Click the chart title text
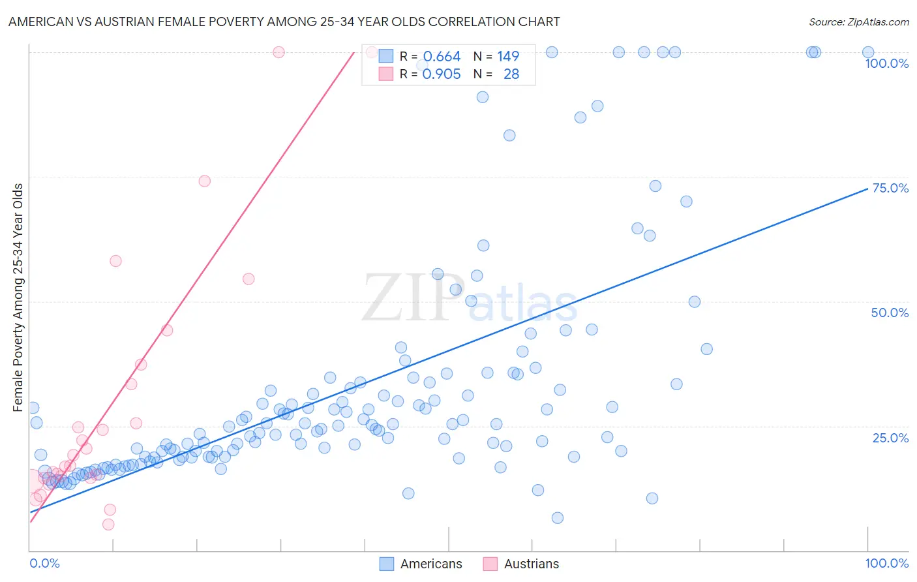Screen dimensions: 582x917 pyautogui.click(x=284, y=22)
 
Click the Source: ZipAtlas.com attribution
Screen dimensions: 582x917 pyautogui.click(x=858, y=22)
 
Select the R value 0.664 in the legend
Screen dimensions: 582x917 pyautogui.click(x=442, y=57)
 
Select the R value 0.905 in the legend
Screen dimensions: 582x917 pyautogui.click(x=442, y=74)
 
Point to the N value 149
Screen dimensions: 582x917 pyautogui.click(x=507, y=57)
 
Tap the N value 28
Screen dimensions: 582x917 pyautogui.click(x=511, y=74)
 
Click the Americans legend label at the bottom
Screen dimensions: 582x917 pyautogui.click(x=430, y=564)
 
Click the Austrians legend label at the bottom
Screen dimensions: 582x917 pyautogui.click(x=531, y=564)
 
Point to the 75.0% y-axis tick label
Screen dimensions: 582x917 pyautogui.click(x=890, y=188)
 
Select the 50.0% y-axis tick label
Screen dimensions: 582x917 pyautogui.click(x=890, y=313)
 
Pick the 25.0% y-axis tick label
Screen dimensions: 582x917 pyautogui.click(x=890, y=438)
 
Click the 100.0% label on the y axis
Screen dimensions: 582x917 pyautogui.click(x=886, y=63)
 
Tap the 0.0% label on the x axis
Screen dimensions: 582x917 pyautogui.click(x=44, y=563)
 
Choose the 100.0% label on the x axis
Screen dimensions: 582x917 pyautogui.click(x=886, y=563)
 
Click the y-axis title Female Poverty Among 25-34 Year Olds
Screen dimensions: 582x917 pyautogui.click(x=18, y=298)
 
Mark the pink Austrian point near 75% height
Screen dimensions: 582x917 pyautogui.click(x=204, y=181)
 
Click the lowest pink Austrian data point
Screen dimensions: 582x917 pyautogui.click(x=108, y=524)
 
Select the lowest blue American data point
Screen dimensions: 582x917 pyautogui.click(x=557, y=517)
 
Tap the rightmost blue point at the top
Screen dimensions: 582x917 pyautogui.click(x=867, y=52)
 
